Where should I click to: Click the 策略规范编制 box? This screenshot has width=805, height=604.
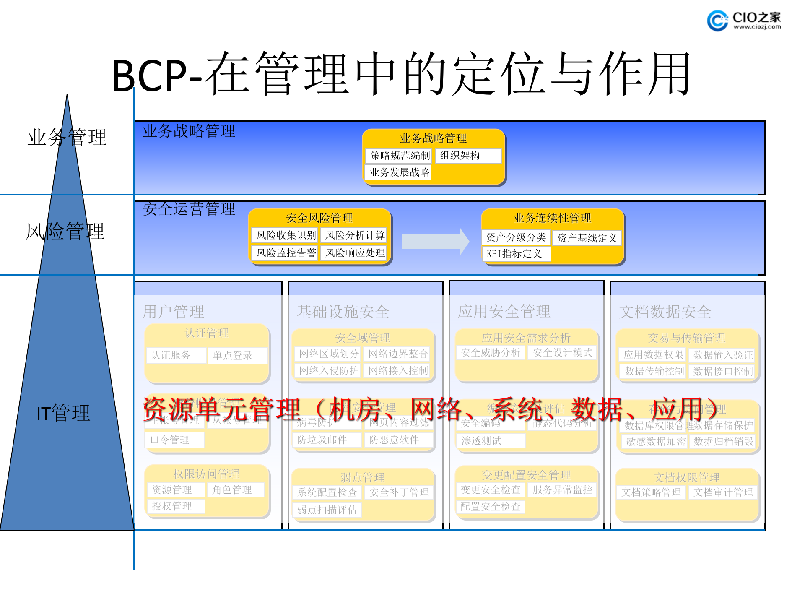[400, 156]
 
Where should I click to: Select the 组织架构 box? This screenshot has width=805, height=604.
[468, 156]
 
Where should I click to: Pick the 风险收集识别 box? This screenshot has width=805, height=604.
[286, 235]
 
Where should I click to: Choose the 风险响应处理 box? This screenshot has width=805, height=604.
[355, 253]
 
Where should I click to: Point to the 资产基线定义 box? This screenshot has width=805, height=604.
[587, 238]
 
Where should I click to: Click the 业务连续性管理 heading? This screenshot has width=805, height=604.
[552, 218]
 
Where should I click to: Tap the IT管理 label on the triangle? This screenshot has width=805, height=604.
[63, 413]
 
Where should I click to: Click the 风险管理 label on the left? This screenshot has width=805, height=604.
[65, 232]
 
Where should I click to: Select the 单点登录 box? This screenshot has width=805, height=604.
[237, 356]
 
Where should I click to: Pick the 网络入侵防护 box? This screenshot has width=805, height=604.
[328, 371]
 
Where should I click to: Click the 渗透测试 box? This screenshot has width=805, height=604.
[490, 441]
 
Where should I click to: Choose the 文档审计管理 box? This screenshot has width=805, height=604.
[723, 492]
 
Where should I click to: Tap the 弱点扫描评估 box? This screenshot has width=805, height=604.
[327, 510]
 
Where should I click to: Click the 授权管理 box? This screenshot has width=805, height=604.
[176, 506]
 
